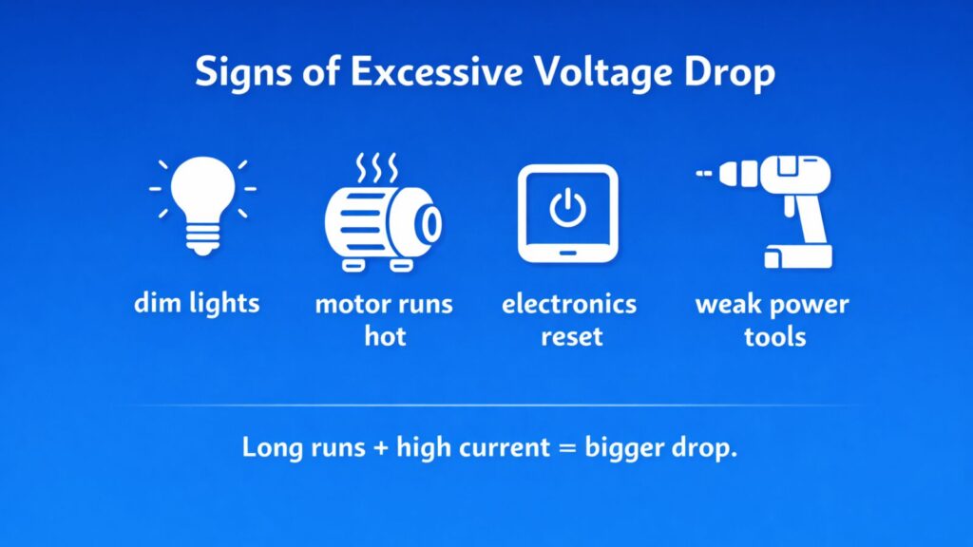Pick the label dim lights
(197, 305)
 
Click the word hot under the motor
(385, 336)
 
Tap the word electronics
(568, 305)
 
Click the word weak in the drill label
(729, 305)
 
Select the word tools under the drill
(775, 336)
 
